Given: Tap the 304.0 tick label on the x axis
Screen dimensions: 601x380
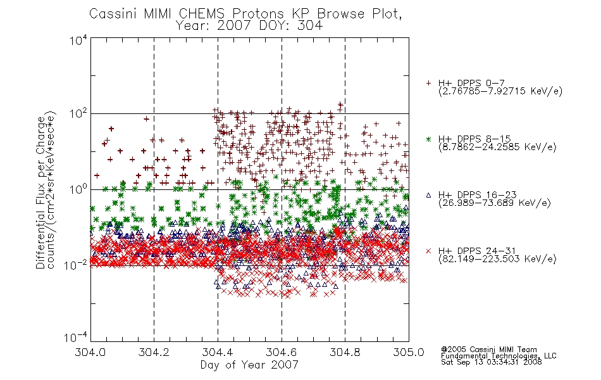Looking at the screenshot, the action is [x=90, y=352].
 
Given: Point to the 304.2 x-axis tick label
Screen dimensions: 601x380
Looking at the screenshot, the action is [x=154, y=352].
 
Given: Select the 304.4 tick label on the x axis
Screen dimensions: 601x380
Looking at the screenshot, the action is [x=218, y=352].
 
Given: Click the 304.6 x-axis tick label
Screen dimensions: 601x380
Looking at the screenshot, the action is [x=282, y=352].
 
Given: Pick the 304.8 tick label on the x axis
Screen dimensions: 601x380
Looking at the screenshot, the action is [x=345, y=352].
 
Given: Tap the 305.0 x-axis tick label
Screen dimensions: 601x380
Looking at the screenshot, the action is [x=409, y=352].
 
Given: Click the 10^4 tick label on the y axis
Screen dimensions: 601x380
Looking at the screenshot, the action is [x=78, y=40].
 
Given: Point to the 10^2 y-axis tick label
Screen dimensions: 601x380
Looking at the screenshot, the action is [x=78, y=114].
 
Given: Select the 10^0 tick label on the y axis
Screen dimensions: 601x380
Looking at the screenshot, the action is [x=78, y=190].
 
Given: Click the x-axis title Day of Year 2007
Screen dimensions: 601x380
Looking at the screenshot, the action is [x=249, y=365].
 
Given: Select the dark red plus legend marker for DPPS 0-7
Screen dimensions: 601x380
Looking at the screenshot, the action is [x=428, y=83].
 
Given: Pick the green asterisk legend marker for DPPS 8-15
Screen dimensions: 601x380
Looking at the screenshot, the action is [x=428, y=139].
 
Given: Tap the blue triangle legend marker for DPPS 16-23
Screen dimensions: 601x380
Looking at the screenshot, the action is [x=428, y=195].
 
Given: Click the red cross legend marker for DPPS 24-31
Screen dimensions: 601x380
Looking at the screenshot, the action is [x=428, y=251].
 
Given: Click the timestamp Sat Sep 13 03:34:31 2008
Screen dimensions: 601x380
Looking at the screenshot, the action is [x=492, y=362].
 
